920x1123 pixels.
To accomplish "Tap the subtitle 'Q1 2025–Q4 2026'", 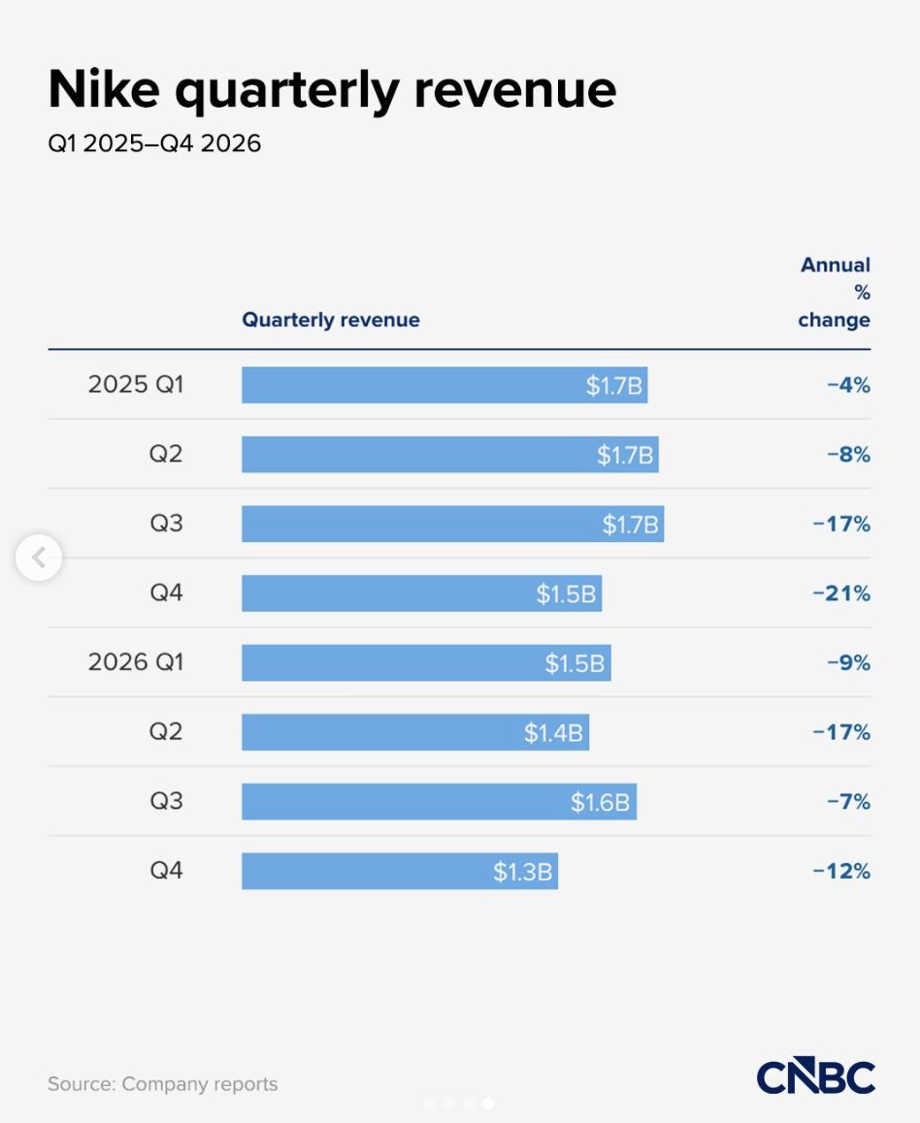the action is point(154,144).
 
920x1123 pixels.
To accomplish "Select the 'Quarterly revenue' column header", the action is point(330,319).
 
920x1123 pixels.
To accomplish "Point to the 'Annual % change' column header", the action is point(835,292).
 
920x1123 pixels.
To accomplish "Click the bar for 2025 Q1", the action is point(444,385).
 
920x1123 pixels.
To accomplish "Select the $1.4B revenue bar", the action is point(414,732).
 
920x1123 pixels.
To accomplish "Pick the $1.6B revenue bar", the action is point(439,801).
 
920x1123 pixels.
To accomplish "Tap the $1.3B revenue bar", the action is point(400,871).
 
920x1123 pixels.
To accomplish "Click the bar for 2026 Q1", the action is point(426,662).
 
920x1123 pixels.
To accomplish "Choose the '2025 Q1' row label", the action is point(136,385).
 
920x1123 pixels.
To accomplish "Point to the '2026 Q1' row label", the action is point(136,661).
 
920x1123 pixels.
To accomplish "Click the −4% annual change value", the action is point(849,385).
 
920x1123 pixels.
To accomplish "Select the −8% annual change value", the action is point(849,455).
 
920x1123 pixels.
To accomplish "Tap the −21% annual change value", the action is point(842,594).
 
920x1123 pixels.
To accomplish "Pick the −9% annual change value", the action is point(849,663).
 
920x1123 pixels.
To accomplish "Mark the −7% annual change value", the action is point(849,801).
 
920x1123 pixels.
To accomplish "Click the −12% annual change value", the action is point(842,871).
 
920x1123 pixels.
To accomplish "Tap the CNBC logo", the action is point(816,1076).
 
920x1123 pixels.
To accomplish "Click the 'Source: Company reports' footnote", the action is point(163,1084).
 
